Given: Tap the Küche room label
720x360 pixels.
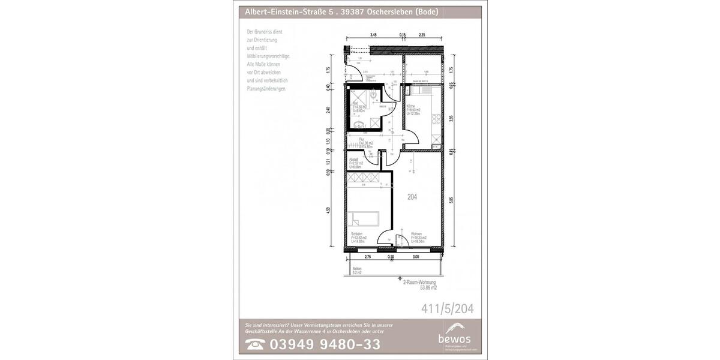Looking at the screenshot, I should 410,106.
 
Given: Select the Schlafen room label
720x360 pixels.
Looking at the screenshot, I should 356,234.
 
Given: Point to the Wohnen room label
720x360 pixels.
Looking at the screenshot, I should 416,234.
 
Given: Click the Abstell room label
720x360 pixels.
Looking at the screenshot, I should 354,159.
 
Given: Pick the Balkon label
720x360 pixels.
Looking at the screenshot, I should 357,268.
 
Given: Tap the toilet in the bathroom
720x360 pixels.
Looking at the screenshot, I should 374,95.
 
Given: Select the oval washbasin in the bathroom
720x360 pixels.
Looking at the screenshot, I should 359,125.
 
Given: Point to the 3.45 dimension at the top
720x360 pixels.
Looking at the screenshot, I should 373,35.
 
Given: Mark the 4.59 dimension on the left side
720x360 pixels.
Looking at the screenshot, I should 328,210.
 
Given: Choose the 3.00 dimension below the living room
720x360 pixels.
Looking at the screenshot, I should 415,257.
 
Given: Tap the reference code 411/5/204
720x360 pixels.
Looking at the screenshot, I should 448,309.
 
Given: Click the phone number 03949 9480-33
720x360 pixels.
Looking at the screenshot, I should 325,344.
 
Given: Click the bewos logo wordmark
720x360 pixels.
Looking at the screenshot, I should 455,340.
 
